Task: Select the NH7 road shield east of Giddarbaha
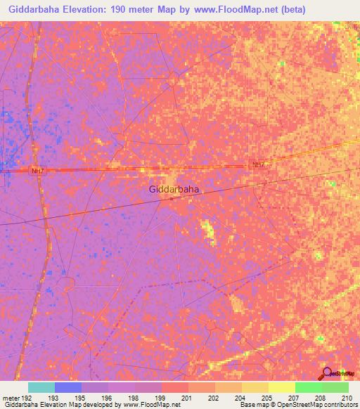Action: click(258, 165)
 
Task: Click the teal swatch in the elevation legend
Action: click(41, 387)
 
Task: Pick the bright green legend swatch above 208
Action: click(308, 387)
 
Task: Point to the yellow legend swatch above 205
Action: click(281, 387)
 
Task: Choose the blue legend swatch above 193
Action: click(68, 387)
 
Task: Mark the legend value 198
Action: click(132, 398)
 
